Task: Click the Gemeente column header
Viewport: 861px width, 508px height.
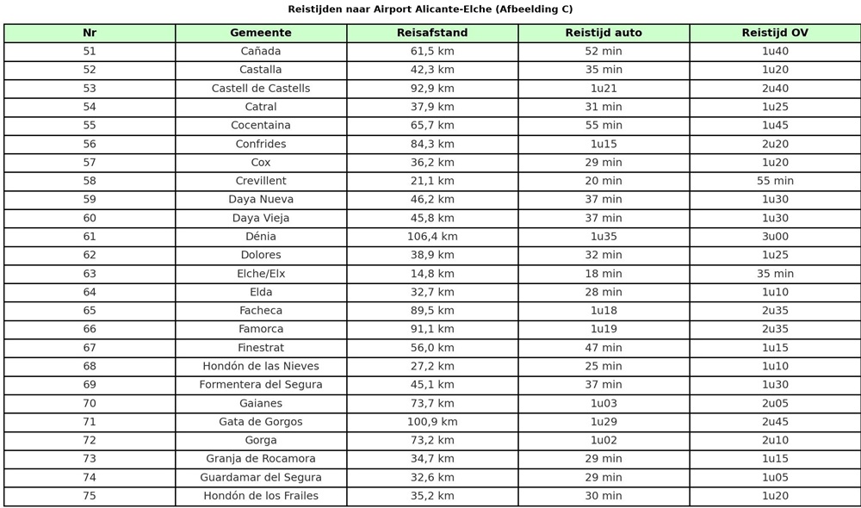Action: coord(261,33)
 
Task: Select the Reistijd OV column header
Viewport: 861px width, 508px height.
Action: coord(775,33)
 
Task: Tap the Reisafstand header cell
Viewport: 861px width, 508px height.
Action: coord(432,33)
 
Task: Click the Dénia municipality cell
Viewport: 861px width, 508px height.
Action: coord(261,237)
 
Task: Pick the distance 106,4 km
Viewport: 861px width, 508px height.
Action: coord(432,237)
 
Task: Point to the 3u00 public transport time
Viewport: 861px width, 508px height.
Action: coord(775,237)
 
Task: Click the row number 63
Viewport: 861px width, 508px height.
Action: coord(90,274)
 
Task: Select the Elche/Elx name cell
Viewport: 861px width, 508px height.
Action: coord(261,274)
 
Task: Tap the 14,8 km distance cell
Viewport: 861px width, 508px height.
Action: coord(432,274)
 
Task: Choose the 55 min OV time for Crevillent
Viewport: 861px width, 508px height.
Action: coord(775,181)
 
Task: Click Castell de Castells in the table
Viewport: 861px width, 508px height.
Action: coord(261,89)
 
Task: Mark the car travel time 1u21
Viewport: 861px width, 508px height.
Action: coord(604,89)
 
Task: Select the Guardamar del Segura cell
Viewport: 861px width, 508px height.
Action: coord(261,478)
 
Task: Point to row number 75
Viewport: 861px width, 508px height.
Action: coord(90,496)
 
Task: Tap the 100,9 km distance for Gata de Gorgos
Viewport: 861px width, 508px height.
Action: coord(432,422)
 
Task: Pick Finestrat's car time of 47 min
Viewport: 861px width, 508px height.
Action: coord(604,348)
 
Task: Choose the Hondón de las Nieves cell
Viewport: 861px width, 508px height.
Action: coord(261,367)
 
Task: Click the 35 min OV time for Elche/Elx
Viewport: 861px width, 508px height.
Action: coord(775,274)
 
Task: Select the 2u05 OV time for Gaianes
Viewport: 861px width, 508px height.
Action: coord(775,404)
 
